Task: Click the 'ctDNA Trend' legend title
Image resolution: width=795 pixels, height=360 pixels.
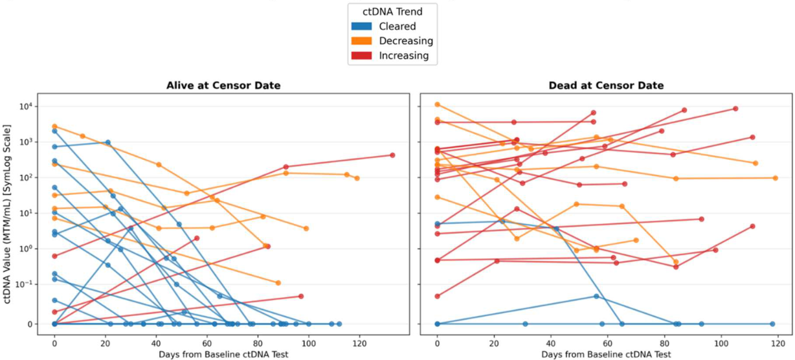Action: coord(392,12)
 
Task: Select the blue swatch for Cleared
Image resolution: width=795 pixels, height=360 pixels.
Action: coord(361,27)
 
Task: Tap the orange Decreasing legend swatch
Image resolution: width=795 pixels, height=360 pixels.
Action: coord(361,41)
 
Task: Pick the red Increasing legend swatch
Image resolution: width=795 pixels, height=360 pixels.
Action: coord(361,56)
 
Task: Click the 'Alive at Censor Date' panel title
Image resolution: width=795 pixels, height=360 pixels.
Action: coord(223,85)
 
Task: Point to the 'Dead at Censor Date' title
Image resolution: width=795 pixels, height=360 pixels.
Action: coord(606,85)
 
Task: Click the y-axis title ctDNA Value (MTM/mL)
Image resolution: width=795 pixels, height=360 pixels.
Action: coord(6,214)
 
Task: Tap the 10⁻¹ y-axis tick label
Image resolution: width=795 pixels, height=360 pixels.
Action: coord(24,284)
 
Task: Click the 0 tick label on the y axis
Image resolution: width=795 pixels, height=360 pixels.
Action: coord(30,324)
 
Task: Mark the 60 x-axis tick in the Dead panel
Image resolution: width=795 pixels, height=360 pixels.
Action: coord(608,343)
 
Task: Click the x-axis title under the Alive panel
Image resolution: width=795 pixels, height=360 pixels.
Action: coord(223,354)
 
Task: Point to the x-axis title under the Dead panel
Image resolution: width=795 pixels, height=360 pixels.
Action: coord(606,354)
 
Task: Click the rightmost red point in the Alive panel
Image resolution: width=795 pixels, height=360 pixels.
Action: coord(392,155)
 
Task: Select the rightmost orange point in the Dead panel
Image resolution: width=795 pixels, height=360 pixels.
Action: coord(776,178)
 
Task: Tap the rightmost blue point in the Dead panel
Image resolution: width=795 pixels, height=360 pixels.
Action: coord(772,324)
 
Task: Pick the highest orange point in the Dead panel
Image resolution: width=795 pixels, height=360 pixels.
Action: coord(437,104)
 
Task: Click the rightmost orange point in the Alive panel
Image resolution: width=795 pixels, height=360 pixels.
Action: coord(357,178)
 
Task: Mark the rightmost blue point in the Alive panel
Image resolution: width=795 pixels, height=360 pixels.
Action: coord(339,324)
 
